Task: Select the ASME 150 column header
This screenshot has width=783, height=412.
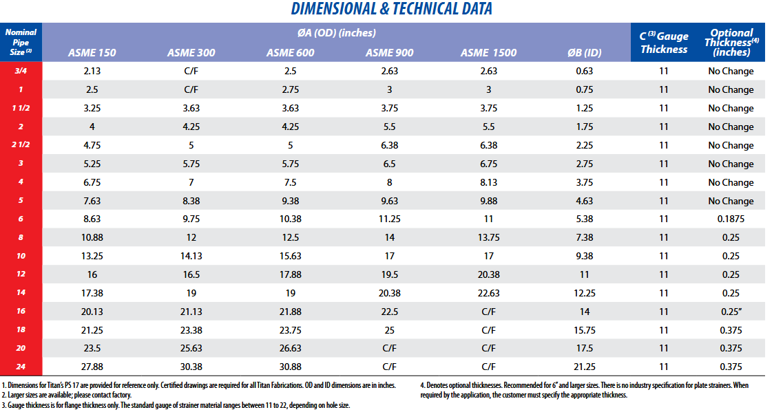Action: [92, 53]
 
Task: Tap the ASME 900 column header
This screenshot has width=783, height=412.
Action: [389, 53]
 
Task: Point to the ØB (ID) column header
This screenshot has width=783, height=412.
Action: [585, 53]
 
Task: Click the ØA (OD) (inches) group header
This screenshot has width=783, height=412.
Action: [336, 33]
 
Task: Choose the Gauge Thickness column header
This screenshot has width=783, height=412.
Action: [664, 43]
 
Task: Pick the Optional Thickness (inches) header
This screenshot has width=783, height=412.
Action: [731, 42]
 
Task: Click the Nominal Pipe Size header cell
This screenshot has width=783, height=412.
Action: [21, 42]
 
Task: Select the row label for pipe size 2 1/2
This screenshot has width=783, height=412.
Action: [21, 145]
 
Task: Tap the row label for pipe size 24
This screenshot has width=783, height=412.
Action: [21, 367]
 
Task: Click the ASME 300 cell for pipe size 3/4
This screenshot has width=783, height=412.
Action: [191, 71]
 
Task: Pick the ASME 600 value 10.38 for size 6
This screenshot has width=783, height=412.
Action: [290, 219]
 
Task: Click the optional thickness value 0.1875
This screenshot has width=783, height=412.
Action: [731, 219]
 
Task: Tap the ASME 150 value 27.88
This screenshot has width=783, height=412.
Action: [92, 367]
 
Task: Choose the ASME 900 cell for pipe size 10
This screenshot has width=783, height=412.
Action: [389, 257]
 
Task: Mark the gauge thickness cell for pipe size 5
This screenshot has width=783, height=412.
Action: [664, 201]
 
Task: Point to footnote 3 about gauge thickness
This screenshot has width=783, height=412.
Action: [176, 406]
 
